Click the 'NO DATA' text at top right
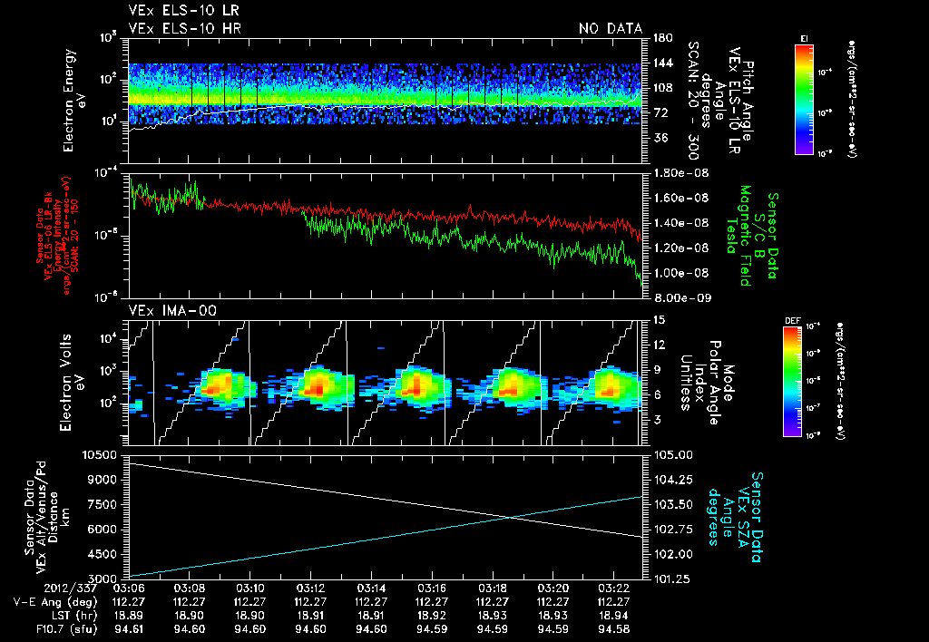pos(610,29)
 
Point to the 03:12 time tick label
pos(309,588)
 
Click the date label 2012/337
pos(102,588)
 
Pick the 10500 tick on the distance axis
pos(103,454)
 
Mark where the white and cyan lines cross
pos(512,517)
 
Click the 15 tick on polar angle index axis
pos(659,319)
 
